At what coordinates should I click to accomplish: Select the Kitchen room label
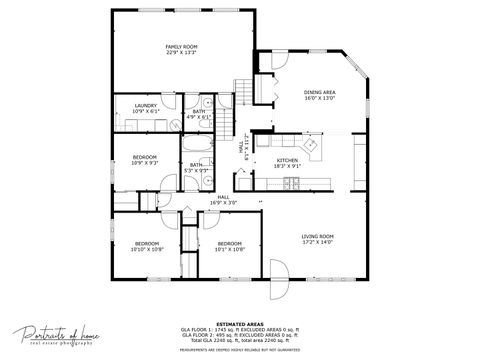(287, 163)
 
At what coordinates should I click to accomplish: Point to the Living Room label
(318, 240)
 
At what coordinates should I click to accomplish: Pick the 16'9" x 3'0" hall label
(223, 200)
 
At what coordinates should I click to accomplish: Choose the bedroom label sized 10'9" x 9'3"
(145, 160)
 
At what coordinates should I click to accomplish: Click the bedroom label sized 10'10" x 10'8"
(146, 246)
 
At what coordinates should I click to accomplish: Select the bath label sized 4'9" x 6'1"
(199, 114)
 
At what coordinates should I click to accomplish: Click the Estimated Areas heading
(240, 324)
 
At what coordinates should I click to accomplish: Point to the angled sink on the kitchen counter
(312, 148)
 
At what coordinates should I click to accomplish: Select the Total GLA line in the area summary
(240, 341)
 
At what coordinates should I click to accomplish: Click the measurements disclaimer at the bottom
(240, 350)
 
